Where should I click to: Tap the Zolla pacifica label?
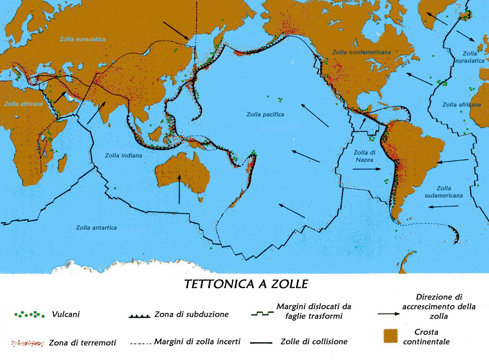click(265, 114)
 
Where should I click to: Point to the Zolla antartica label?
click(96, 227)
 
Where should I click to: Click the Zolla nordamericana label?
click(360, 51)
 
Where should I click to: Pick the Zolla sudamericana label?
click(444, 192)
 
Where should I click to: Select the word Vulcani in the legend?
click(66, 315)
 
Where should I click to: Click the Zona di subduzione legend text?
click(191, 315)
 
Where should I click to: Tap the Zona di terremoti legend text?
click(82, 343)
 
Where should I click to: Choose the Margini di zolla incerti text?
click(197, 342)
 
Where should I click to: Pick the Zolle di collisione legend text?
click(313, 342)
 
